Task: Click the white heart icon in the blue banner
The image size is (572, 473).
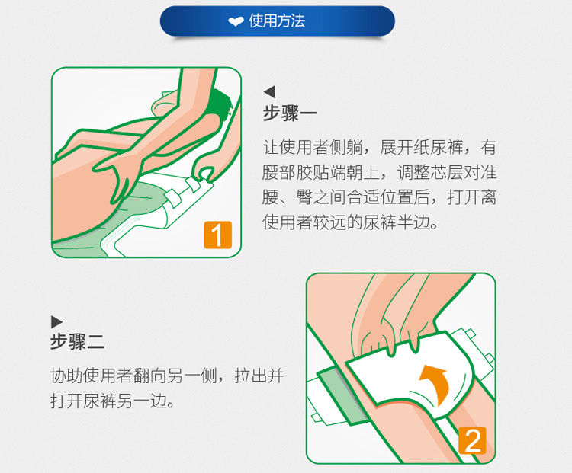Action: [x=236, y=21]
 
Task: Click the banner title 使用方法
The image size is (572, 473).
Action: [x=277, y=21]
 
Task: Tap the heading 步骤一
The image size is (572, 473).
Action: [x=290, y=113]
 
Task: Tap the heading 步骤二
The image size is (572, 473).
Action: [x=77, y=342]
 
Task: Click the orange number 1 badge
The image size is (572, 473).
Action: [x=218, y=235]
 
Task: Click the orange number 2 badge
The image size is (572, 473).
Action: [x=472, y=440]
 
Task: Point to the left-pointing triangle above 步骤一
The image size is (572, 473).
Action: [x=270, y=92]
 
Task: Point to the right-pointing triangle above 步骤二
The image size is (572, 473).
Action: [x=56, y=321]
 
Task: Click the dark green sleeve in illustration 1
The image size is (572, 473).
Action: [x=220, y=104]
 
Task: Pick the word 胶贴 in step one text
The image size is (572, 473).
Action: [x=312, y=172]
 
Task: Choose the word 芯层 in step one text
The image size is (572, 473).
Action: [x=446, y=172]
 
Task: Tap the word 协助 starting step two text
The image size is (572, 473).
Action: [x=67, y=376]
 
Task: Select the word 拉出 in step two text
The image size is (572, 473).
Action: [x=252, y=376]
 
